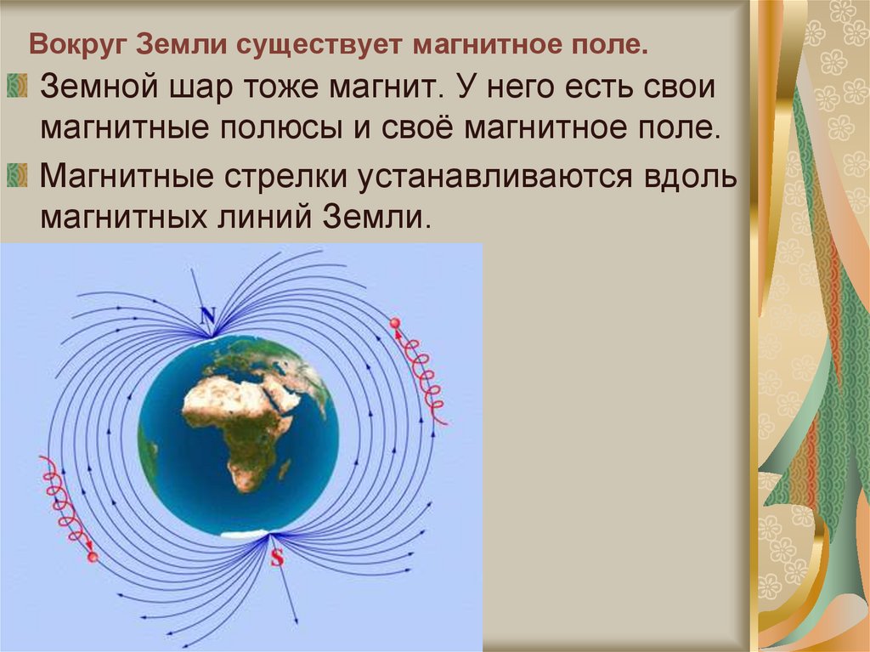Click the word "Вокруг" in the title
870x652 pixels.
click(74, 43)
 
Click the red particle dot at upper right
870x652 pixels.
click(395, 323)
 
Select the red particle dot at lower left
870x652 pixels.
click(93, 557)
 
